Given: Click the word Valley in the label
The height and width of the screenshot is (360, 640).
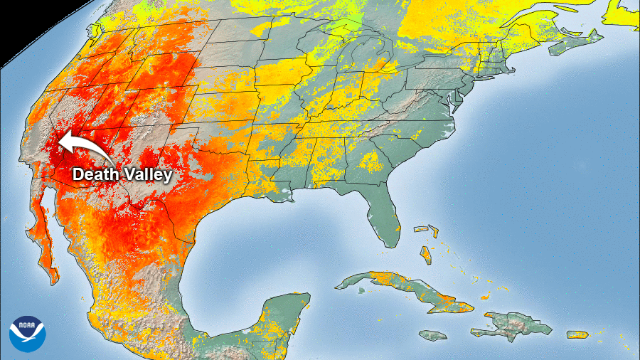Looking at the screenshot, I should coord(148,174).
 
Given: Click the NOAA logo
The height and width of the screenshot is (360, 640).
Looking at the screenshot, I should coord(27,333).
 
